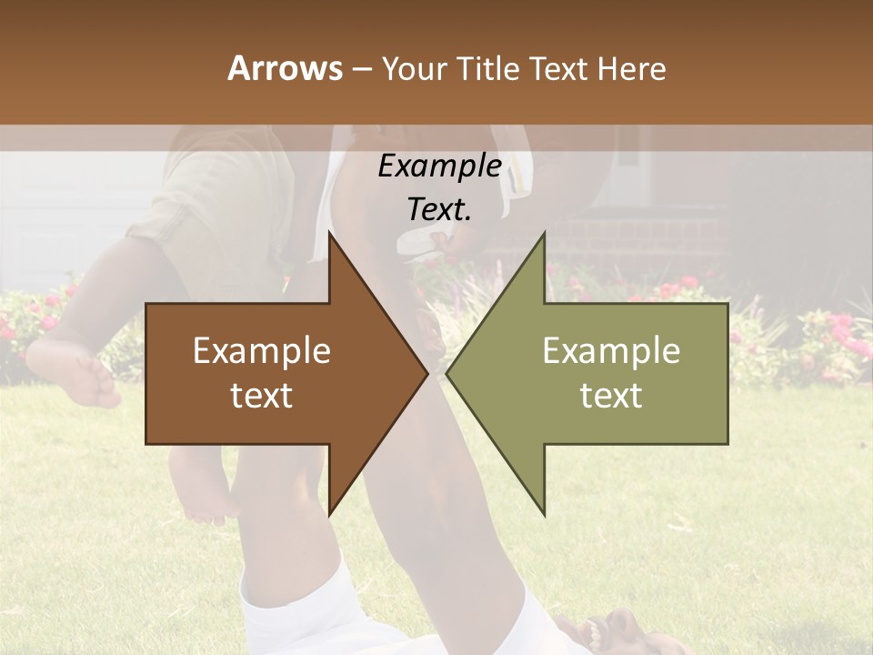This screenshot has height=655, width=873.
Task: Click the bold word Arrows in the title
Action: point(285,68)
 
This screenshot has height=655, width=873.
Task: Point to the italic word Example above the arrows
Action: point(439,166)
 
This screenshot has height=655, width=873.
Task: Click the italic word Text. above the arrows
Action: point(439,210)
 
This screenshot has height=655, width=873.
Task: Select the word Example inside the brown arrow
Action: point(262,351)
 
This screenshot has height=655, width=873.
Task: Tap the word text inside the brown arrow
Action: point(262,396)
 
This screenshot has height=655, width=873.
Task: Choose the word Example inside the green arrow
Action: point(611,351)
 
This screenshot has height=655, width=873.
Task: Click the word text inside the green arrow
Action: point(611,396)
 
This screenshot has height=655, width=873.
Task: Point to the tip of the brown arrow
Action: point(427,373)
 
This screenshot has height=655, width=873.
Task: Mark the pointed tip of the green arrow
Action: point(447,373)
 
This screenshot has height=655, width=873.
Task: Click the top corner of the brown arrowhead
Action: point(329,233)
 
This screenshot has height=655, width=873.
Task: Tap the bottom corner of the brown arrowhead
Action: point(329,515)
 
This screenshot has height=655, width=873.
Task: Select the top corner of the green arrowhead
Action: point(544,233)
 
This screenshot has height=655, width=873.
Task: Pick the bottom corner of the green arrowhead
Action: point(544,515)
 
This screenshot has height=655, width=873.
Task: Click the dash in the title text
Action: point(360,69)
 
